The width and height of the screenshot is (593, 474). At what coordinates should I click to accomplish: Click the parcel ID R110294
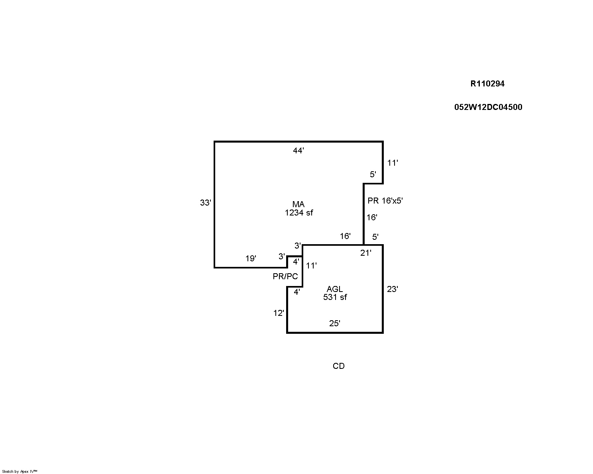[x=487, y=84]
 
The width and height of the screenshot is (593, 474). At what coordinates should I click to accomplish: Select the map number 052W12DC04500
[x=488, y=107]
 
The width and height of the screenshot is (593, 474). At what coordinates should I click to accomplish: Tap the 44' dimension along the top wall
[x=298, y=151]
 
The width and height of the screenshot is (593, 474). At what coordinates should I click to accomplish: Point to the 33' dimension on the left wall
[x=206, y=203]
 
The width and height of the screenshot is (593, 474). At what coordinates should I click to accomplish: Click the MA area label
[x=298, y=204]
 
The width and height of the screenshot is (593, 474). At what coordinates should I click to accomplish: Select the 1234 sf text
[x=299, y=213]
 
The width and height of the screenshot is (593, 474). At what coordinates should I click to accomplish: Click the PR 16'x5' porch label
[x=385, y=200]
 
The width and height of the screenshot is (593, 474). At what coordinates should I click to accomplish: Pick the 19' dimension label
[x=251, y=259]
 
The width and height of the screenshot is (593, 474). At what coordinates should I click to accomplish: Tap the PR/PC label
[x=285, y=276]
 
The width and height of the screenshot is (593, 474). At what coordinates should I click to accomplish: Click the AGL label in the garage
[x=335, y=289]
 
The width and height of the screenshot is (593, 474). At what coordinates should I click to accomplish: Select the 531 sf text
[x=335, y=297]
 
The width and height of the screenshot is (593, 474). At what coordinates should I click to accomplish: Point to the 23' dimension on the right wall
[x=393, y=289]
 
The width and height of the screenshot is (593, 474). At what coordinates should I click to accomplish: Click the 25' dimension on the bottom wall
[x=335, y=323]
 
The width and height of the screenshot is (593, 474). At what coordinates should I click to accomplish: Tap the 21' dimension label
[x=366, y=253]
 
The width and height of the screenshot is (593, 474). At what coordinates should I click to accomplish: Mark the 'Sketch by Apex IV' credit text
[x=20, y=471]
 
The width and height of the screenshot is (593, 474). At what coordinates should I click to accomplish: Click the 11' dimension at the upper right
[x=393, y=163]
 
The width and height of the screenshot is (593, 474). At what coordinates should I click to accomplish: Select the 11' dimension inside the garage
[x=311, y=266]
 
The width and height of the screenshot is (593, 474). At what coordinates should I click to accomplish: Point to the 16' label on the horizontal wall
[x=345, y=236]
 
